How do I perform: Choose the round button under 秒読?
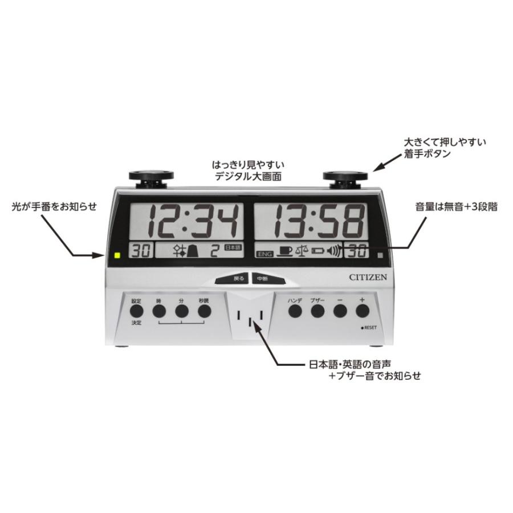[204, 311]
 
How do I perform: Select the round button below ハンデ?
[295, 311]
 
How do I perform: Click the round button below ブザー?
[317, 311]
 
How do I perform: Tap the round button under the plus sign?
[362, 311]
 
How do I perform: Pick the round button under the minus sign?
[340, 311]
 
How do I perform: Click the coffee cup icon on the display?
[285, 251]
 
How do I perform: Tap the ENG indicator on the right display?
[264, 254]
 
